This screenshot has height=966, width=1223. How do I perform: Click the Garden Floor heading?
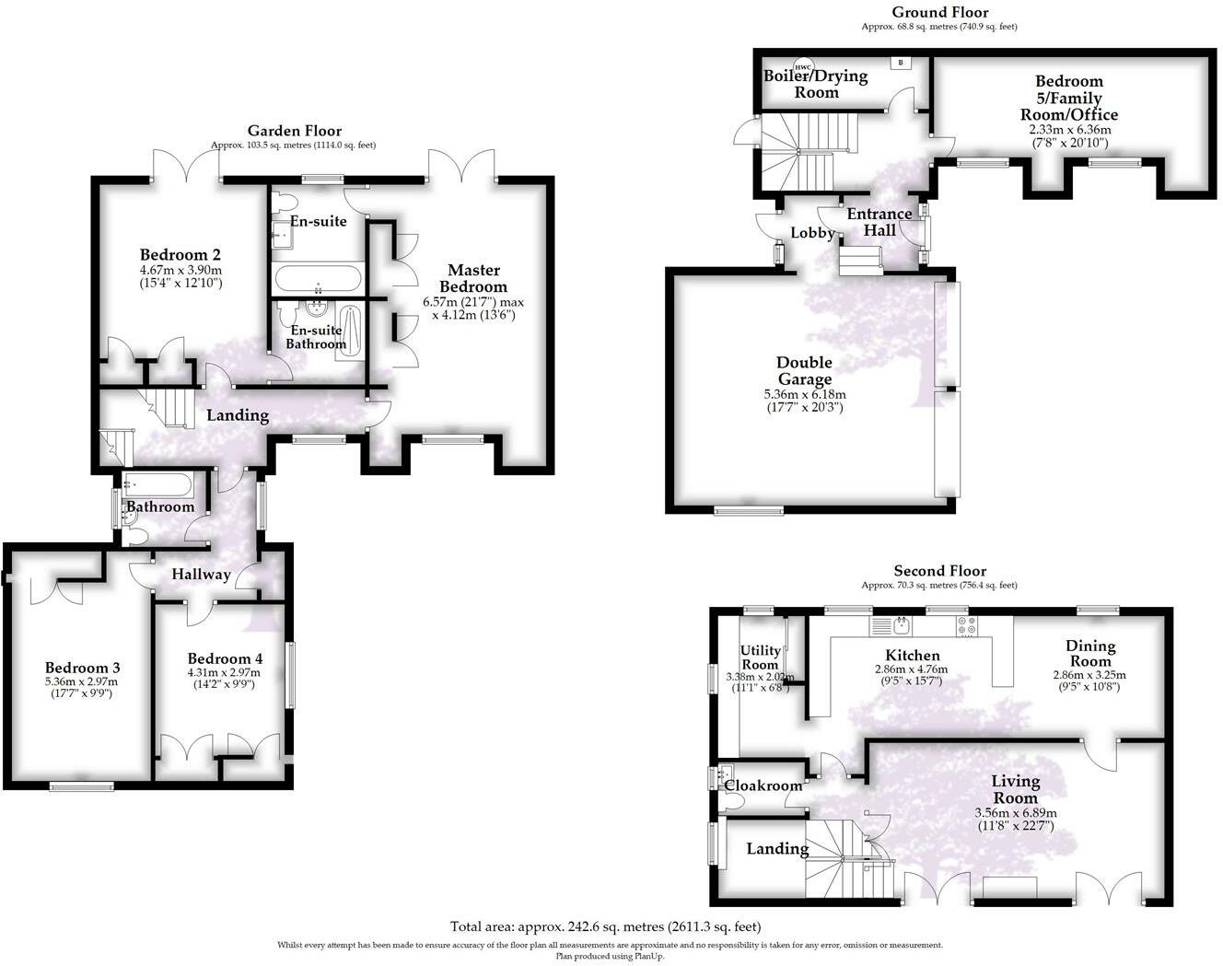coord(294,131)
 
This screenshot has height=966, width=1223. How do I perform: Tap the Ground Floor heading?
coord(939,12)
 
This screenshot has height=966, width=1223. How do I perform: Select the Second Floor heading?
coord(939,571)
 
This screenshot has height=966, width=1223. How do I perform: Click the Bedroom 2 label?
coord(180,255)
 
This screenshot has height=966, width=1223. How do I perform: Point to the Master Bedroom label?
coord(473,278)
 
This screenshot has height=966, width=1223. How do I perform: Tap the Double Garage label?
coord(804,370)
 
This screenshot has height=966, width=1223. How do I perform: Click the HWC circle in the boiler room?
coord(803,66)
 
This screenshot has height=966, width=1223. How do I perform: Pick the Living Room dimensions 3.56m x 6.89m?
coord(1015,813)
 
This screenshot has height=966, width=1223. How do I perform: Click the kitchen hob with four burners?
coord(967,626)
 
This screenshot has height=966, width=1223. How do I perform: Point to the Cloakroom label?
coord(763,786)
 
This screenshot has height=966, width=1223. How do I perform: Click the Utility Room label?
coord(760,658)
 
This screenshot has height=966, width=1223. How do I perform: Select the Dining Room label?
coord(1090,653)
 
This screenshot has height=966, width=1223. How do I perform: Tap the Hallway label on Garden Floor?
coord(203,575)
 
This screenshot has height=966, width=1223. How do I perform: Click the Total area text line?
coord(605,926)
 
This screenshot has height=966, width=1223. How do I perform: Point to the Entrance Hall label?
coord(879,221)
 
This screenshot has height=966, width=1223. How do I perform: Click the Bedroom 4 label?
coord(225,659)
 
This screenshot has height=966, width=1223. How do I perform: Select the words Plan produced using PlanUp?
coord(609,956)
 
